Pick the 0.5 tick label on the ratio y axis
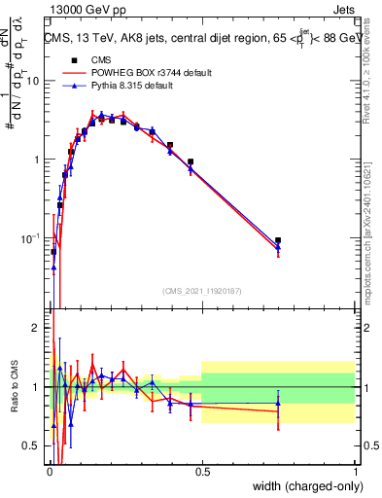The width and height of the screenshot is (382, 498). pos(34,446)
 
